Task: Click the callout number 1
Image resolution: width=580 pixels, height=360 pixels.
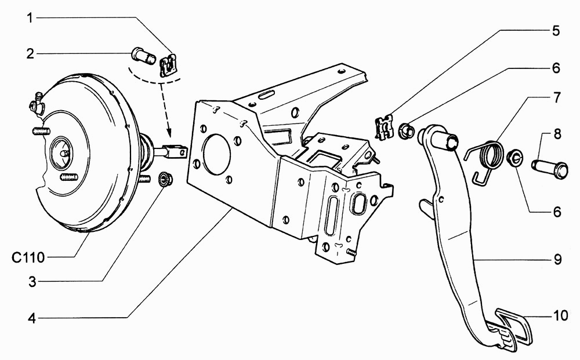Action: pos(30,18)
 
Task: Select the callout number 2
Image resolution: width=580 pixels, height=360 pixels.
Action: pos(30,54)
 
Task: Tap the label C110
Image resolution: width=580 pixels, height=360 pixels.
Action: pos(28,257)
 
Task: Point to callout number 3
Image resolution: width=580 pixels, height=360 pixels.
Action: pos(32,282)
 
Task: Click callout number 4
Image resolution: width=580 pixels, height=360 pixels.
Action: pos(32,318)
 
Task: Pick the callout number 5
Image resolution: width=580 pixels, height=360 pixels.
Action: pos(556,31)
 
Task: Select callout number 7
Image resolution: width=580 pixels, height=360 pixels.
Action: pos(557,98)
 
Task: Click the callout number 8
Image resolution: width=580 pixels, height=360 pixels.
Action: pos(557,134)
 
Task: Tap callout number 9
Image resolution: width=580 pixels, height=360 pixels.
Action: pos(557,260)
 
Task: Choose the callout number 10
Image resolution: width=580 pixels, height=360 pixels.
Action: pos(560,315)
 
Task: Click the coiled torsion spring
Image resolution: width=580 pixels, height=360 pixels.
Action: pos(484,159)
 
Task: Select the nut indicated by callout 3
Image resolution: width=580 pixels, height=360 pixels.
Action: pos(165,179)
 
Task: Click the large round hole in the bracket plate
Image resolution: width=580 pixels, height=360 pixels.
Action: pos(217,154)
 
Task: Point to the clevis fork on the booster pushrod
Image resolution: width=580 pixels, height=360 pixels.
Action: pos(177,152)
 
